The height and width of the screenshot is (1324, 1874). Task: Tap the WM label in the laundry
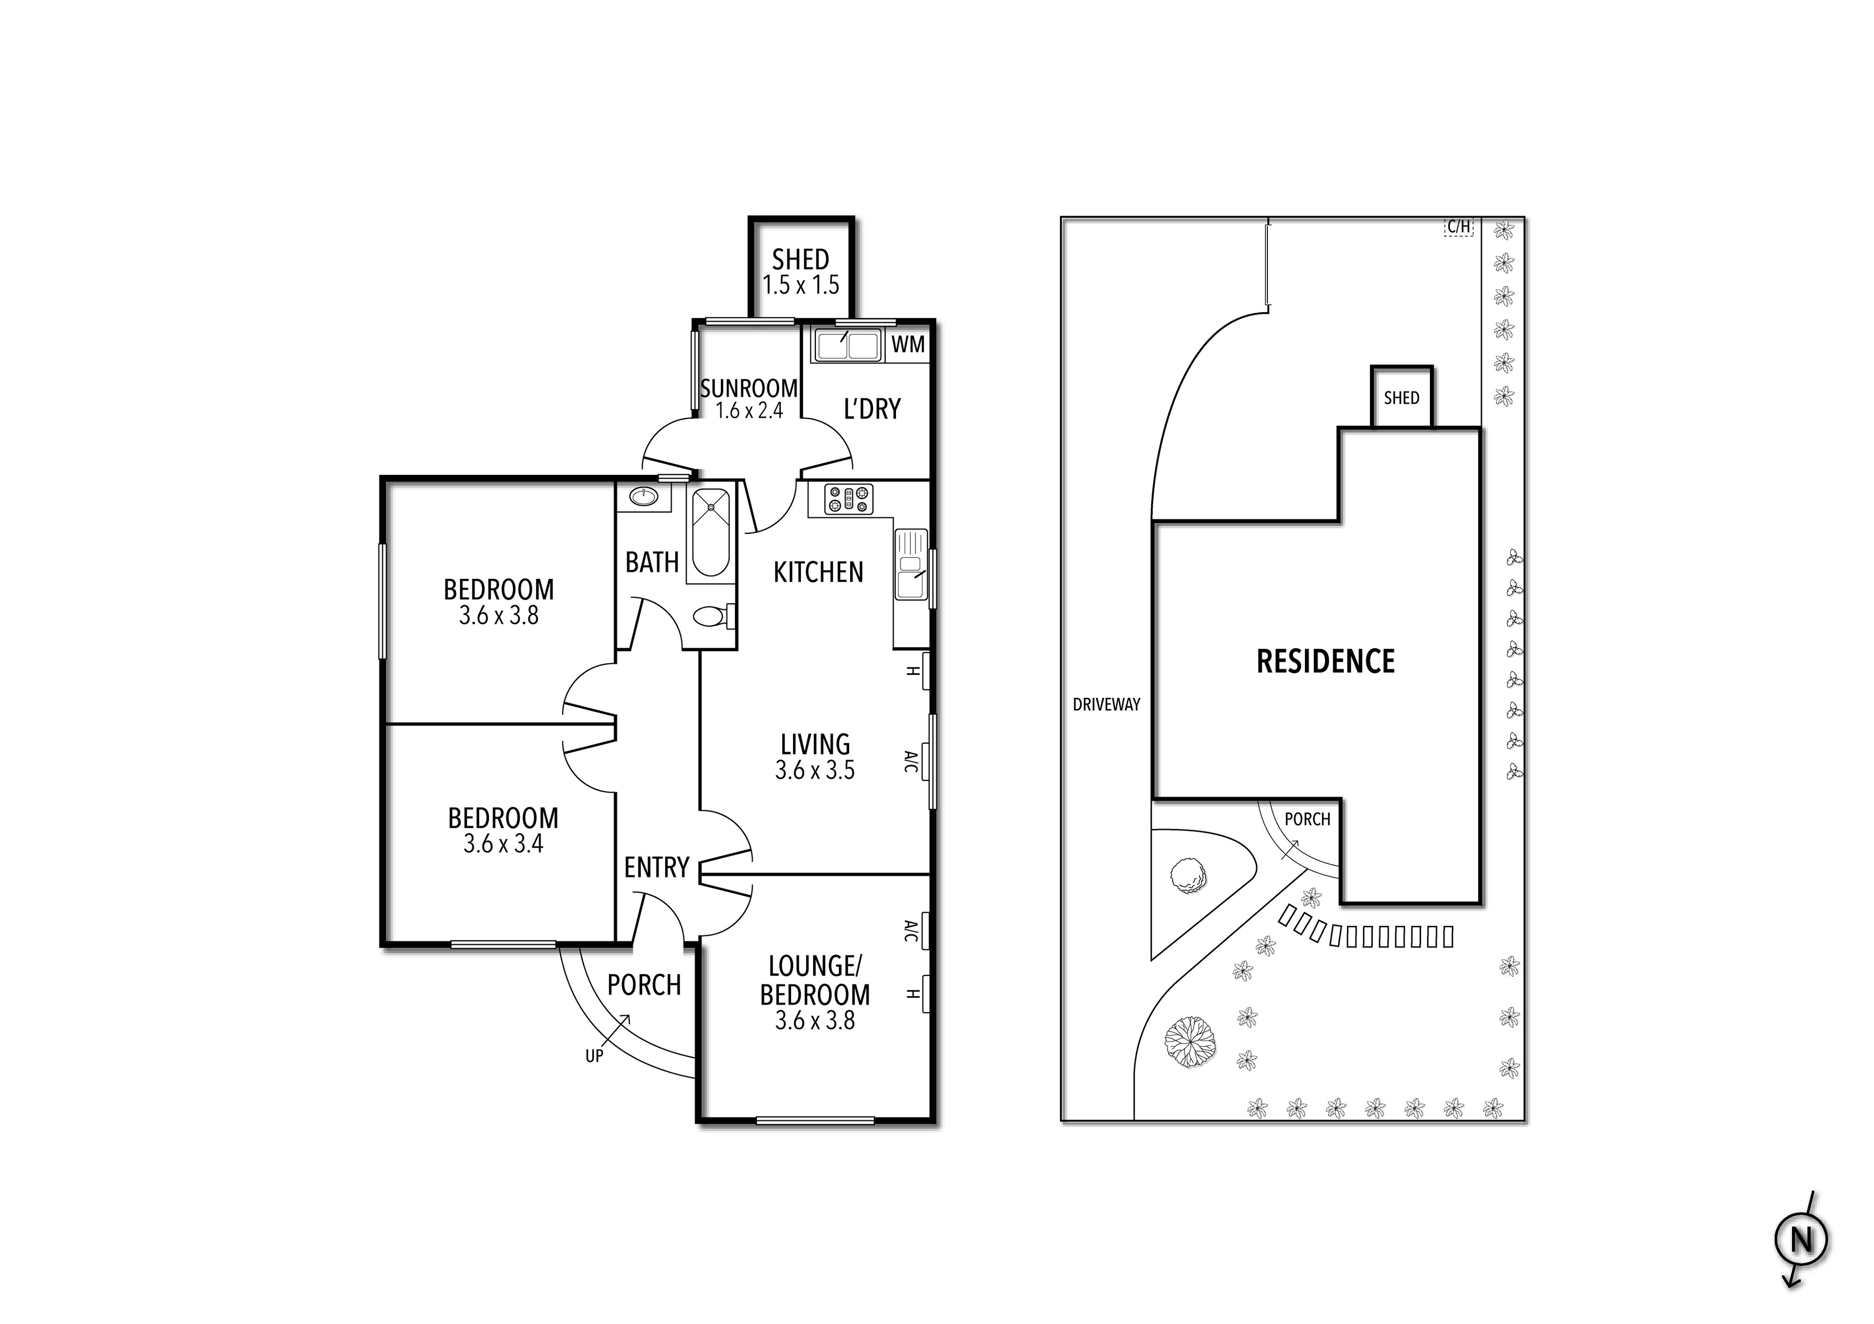[908, 345]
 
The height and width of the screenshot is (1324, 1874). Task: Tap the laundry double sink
[846, 345]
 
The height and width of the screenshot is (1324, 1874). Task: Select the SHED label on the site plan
[1402, 398]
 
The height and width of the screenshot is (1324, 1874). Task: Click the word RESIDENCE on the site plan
[1325, 661]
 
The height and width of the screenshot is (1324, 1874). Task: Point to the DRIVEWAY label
[1106, 704]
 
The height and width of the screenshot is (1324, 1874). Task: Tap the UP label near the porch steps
[594, 1056]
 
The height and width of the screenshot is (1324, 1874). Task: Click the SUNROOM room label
[749, 388]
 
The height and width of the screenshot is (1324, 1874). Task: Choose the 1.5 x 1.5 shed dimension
[801, 285]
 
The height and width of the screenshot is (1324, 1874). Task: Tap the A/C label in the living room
[911, 762]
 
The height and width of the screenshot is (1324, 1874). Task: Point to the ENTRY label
[657, 867]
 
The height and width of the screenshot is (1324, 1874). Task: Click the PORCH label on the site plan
[1307, 819]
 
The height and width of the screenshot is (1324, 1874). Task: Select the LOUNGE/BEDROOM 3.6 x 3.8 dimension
[815, 1020]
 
